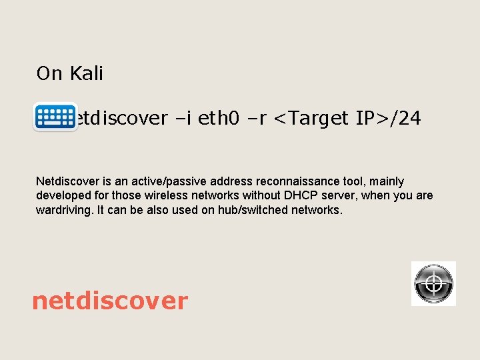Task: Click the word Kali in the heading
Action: [x=86, y=73]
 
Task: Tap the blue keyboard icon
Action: [x=55, y=117]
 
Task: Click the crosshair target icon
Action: [x=433, y=283]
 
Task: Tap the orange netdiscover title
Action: [x=110, y=301]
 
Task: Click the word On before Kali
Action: [x=49, y=73]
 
